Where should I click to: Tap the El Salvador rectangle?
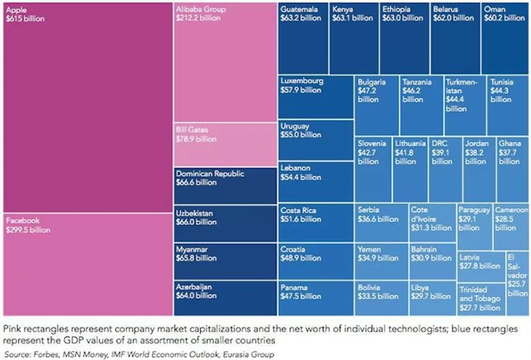(x=518, y=274)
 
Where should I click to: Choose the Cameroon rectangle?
(x=513, y=224)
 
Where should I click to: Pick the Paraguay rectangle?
(x=475, y=224)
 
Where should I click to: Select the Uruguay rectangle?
(x=314, y=139)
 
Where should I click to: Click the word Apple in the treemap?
(x=16, y=9)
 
